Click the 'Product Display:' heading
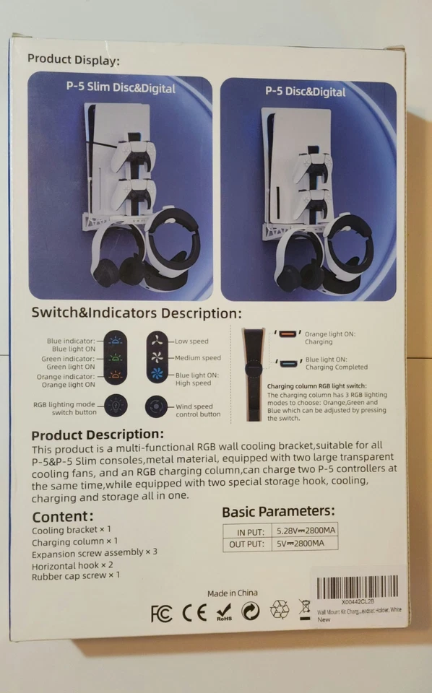point(74,60)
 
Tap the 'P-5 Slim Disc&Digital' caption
point(121,88)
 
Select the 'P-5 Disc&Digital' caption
point(305,92)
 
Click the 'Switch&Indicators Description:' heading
point(136,313)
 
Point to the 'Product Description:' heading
point(98,435)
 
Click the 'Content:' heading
point(63,516)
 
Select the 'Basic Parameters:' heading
point(278,512)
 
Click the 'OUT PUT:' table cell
point(245,544)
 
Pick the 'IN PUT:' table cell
point(246,531)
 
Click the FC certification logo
point(162,613)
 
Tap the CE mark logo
point(194,613)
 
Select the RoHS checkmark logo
point(224,612)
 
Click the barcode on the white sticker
point(357,586)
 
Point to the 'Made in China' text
point(232,593)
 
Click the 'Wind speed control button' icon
point(156,406)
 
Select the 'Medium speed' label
point(197,358)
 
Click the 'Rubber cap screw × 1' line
point(76,575)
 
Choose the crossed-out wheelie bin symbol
point(305,610)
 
